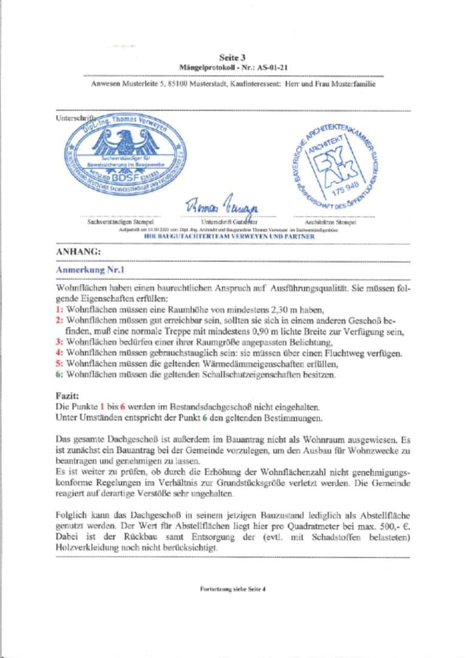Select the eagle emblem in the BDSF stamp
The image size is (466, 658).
click(127, 143)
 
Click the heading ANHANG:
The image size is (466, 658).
click(78, 250)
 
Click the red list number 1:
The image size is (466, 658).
click(59, 309)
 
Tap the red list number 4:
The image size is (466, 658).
click(59, 353)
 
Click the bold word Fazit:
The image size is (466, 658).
click(67, 395)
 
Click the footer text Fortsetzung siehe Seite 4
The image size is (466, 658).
click(233, 589)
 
